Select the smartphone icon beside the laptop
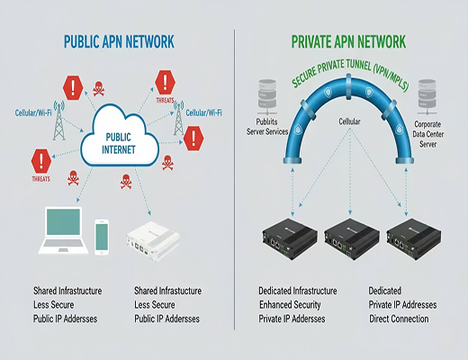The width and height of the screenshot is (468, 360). point(101,237)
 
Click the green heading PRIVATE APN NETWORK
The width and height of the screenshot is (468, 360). point(348,41)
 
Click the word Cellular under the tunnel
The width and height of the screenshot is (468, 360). point(348,121)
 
